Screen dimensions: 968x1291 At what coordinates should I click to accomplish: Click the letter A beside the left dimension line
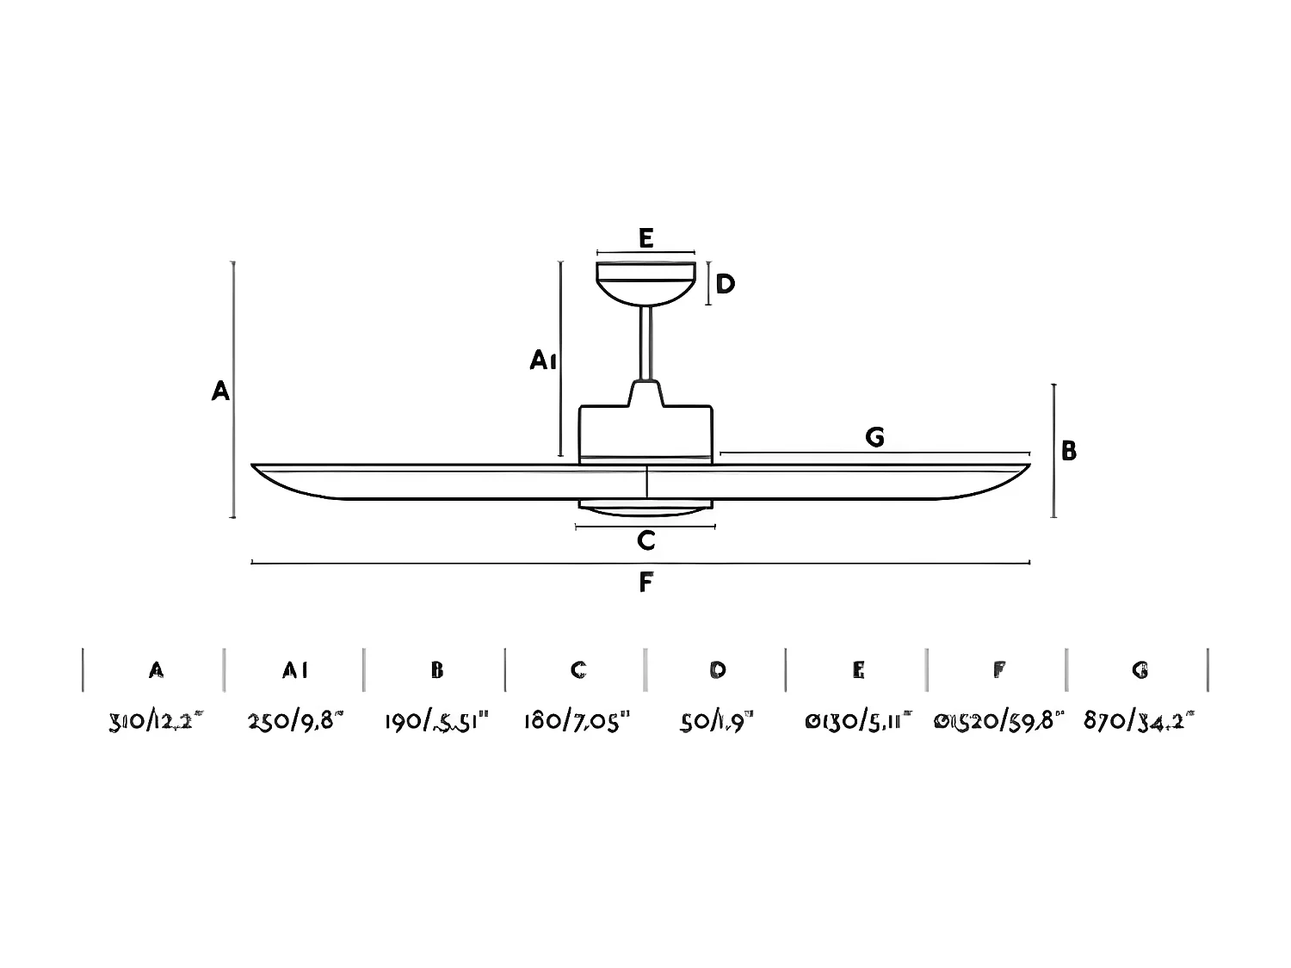tap(221, 392)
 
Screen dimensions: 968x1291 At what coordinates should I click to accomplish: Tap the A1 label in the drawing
tap(543, 361)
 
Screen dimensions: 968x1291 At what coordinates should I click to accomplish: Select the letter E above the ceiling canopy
tap(646, 238)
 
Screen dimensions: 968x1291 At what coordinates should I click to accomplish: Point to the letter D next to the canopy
tap(726, 284)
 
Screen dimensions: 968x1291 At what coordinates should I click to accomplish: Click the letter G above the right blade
tap(874, 438)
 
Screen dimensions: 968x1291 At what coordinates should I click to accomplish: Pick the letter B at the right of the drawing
tap(1069, 451)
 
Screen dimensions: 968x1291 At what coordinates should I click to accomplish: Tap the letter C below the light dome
tap(646, 540)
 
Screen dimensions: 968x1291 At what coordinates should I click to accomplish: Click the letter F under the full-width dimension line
tap(646, 583)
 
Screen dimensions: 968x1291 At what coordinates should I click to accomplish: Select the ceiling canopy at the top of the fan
tap(645, 282)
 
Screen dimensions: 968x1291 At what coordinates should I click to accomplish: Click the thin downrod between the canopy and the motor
tap(645, 344)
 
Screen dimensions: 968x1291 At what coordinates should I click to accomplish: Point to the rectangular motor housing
tap(645, 432)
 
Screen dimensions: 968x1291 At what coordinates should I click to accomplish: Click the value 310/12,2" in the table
tap(157, 721)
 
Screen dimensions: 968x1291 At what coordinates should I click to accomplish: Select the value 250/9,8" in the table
tap(295, 721)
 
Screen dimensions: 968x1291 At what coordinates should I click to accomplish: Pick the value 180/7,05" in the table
tap(578, 721)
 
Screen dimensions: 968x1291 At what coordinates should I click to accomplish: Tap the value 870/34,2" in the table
tap(1140, 721)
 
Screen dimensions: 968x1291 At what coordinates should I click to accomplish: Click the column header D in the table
tap(718, 669)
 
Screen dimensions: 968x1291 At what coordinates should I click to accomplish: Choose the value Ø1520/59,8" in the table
tap(999, 721)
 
